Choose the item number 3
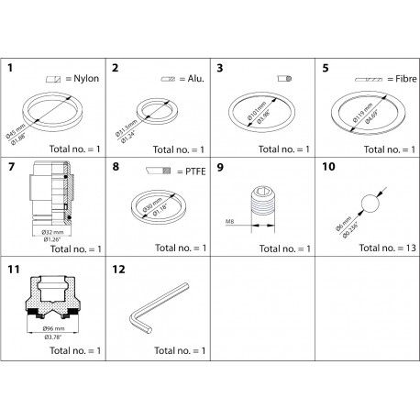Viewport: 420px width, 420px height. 220,68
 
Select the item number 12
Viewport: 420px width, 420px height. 116,271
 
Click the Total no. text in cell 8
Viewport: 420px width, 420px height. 176,249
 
